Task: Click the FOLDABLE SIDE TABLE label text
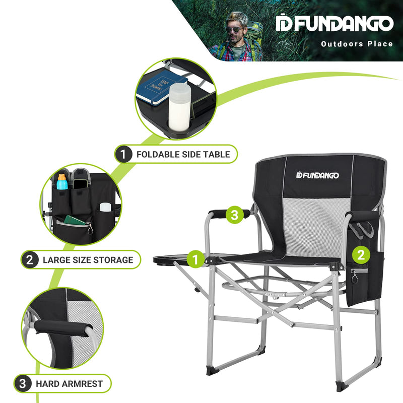[x=183, y=154]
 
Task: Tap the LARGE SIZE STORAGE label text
[x=88, y=260]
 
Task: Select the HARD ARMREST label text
[x=69, y=384]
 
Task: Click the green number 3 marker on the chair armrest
[x=233, y=215]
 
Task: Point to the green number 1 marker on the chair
[x=196, y=259]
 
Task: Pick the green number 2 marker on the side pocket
[x=360, y=255]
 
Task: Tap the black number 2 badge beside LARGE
[x=29, y=260]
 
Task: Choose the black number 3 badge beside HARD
[x=22, y=384]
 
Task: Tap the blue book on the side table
[x=159, y=87]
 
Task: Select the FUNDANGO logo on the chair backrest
[x=318, y=175]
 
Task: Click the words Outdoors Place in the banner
[x=357, y=44]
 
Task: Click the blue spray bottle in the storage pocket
[x=62, y=182]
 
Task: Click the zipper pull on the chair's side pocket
[x=354, y=277]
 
